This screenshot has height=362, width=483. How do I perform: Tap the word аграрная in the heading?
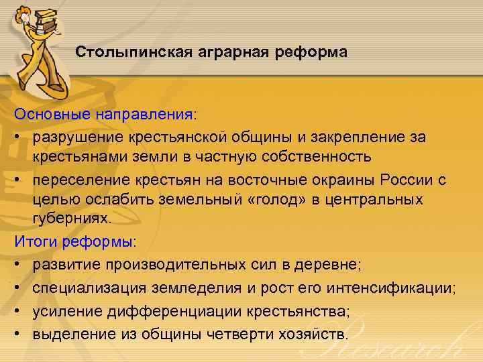coord(213,52)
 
